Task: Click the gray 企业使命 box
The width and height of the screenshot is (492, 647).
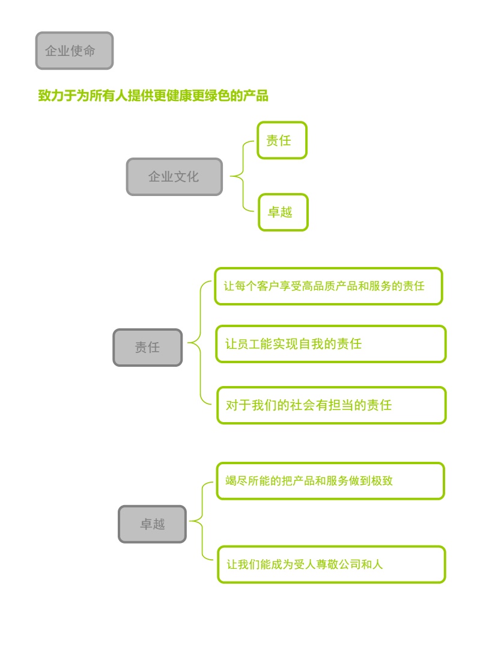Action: pyautogui.click(x=74, y=51)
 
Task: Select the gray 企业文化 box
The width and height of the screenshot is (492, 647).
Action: pyautogui.click(x=174, y=177)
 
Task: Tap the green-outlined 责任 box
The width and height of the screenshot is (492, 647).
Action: pyautogui.click(x=282, y=141)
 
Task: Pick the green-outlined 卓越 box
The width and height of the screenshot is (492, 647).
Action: pyautogui.click(x=283, y=212)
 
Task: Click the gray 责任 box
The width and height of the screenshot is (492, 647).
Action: pyautogui.click(x=147, y=348)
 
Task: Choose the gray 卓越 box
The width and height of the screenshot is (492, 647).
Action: pyautogui.click(x=152, y=524)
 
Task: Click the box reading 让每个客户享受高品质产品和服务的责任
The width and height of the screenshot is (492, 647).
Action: pyautogui.click(x=328, y=286)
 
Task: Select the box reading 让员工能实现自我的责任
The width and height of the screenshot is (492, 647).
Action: pyautogui.click(x=330, y=344)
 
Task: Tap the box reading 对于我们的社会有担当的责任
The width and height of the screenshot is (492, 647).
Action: pyautogui.click(x=331, y=405)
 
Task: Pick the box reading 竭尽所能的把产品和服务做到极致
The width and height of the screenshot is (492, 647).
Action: pyautogui.click(x=330, y=481)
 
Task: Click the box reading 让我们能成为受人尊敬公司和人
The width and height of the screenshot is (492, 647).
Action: pyautogui.click(x=331, y=565)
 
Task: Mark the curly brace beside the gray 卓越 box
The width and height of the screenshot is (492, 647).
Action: pyautogui.click(x=202, y=522)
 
